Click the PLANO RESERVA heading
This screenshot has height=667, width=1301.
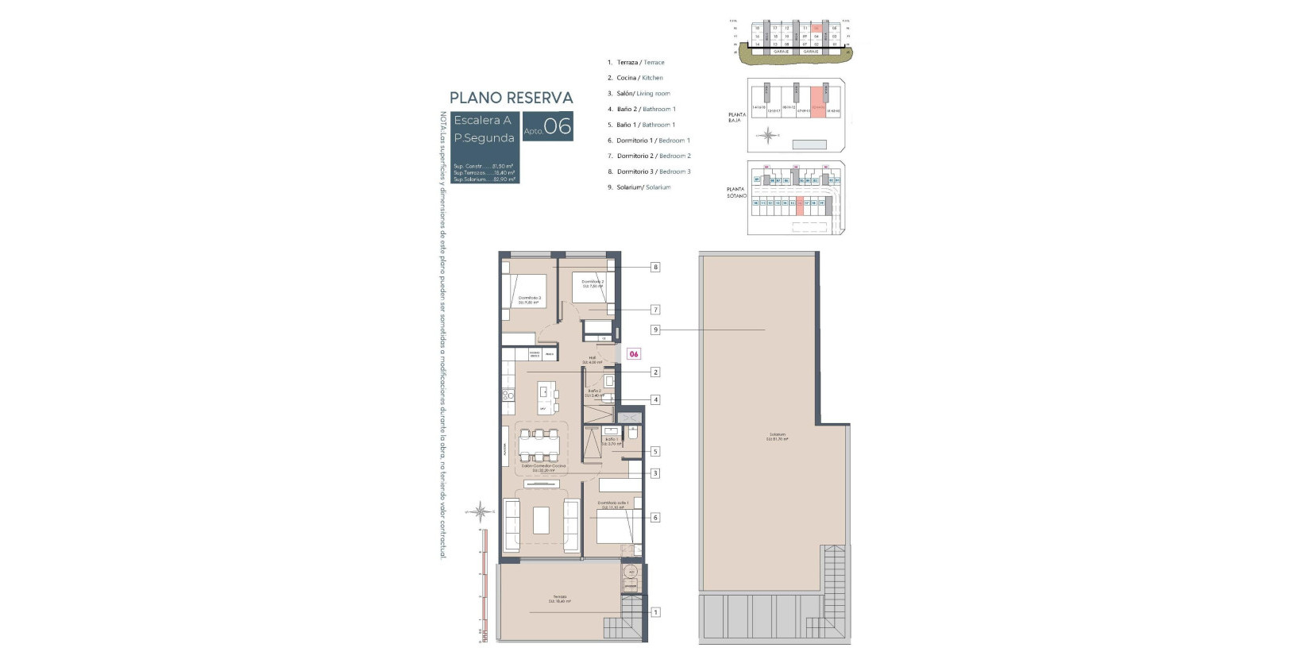(x=511, y=98)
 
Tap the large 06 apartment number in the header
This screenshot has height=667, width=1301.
(x=558, y=127)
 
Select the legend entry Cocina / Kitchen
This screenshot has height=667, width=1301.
(x=639, y=78)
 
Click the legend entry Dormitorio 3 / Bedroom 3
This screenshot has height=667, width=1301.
(x=653, y=172)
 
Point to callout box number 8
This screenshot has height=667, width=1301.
(x=655, y=268)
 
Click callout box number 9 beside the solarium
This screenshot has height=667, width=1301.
(x=655, y=330)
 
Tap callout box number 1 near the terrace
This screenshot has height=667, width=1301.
(x=655, y=612)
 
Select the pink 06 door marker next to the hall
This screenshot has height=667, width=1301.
(x=634, y=354)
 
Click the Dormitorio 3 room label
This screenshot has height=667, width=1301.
(x=529, y=299)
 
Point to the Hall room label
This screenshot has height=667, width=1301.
(x=593, y=360)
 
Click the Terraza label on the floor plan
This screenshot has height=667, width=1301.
(x=560, y=599)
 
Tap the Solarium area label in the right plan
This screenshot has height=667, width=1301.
(x=777, y=436)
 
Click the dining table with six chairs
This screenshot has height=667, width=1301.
(x=539, y=445)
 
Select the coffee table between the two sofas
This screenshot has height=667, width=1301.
(x=541, y=520)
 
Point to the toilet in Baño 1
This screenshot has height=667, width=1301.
(x=633, y=434)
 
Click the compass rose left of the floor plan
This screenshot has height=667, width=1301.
(x=480, y=511)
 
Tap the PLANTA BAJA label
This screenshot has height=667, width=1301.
(x=736, y=118)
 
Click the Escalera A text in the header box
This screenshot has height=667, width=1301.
(x=482, y=121)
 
